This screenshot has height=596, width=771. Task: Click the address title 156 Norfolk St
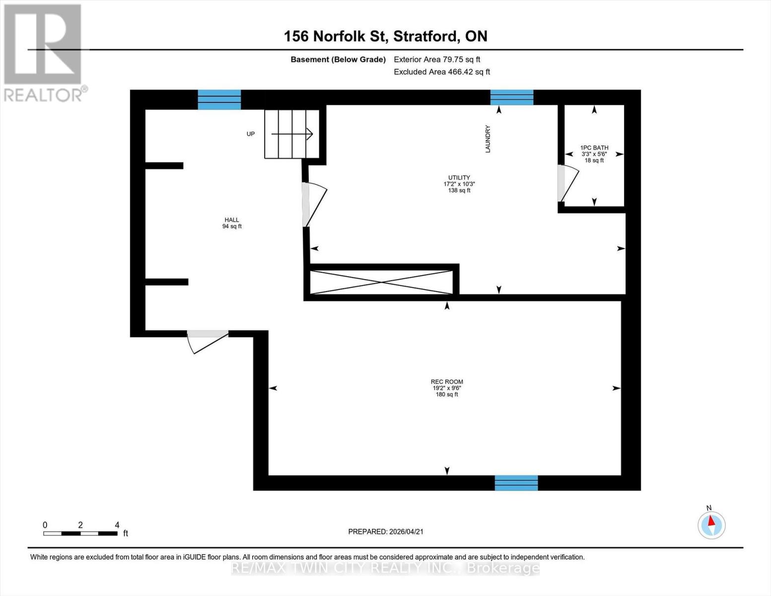point(385,36)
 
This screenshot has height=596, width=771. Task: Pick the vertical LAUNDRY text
point(488,139)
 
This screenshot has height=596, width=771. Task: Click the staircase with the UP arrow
point(291,134)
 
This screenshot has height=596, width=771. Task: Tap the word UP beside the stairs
point(251,134)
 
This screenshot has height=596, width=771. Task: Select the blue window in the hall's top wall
point(219,99)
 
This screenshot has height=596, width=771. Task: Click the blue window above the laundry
point(512,97)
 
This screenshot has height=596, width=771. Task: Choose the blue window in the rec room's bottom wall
point(516,483)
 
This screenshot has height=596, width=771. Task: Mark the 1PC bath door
point(567,183)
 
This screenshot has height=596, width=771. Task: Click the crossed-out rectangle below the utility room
point(381,282)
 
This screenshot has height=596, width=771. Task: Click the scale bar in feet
point(80,533)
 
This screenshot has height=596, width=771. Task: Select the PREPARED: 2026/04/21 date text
point(386,531)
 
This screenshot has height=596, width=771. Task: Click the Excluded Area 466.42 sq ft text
point(442,72)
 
